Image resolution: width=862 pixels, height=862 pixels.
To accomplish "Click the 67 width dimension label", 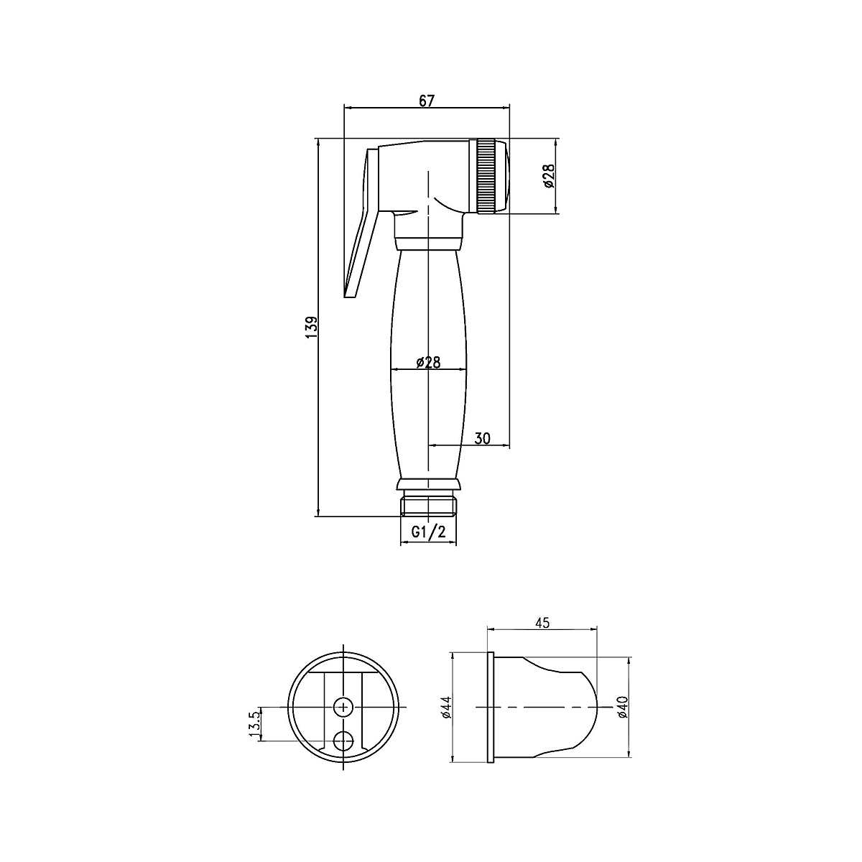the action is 426,101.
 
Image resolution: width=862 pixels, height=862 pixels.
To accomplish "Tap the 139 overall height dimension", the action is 312,327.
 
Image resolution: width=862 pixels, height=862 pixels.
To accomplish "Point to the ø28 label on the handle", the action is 428,362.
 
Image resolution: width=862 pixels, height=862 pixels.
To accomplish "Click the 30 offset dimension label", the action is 482,438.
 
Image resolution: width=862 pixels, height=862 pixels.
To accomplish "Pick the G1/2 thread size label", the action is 429,532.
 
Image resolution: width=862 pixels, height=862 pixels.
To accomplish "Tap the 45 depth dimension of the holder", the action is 542,623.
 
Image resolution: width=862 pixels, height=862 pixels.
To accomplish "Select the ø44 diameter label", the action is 447,708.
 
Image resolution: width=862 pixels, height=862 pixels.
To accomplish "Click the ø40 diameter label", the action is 622,708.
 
